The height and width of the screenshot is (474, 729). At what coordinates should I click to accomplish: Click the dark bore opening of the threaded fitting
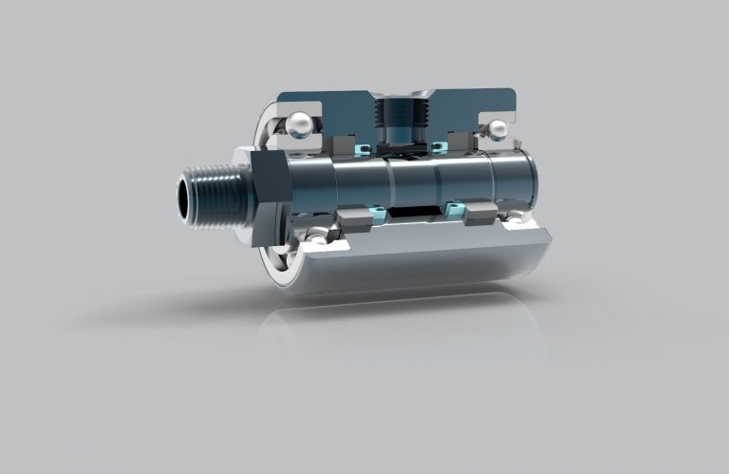point(184,198)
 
